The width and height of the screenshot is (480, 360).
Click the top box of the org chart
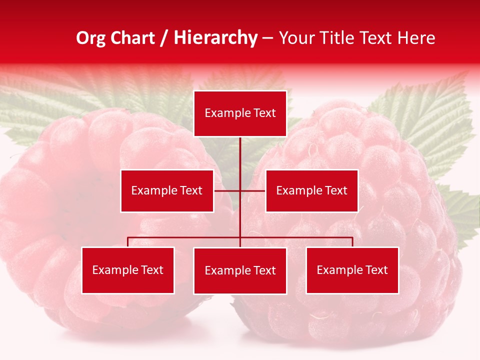coord(240,113)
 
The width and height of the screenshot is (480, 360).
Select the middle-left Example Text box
coord(167,190)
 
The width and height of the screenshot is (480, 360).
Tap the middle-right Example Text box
coord(311,190)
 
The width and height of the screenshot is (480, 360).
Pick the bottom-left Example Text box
coord(128,270)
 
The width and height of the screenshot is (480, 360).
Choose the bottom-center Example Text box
coord(240,270)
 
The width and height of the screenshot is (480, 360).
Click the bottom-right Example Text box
coord(352,270)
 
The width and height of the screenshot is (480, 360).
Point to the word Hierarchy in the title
coord(215,38)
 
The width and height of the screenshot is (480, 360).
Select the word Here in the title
coord(416,38)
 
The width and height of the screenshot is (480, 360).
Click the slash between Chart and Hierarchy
coord(164,38)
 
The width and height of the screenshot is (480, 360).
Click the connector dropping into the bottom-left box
coord(128,242)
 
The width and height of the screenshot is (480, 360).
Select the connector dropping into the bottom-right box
coord(352,242)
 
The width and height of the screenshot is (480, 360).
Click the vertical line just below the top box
coord(240,150)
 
